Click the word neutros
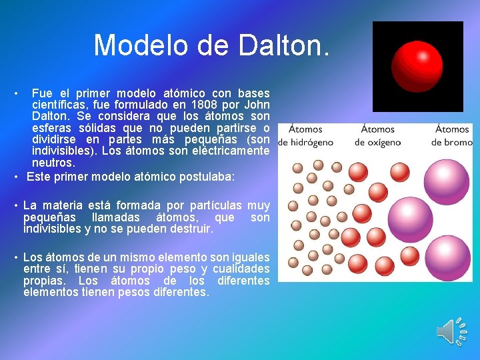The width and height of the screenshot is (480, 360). click(53, 163)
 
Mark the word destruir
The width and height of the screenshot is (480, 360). click(189, 229)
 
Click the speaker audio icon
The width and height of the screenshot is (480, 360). click(451, 331)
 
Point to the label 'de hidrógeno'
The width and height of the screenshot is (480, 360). click(306, 142)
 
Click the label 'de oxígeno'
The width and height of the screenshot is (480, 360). click(377, 142)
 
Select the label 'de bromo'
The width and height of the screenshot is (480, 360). click(451, 142)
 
